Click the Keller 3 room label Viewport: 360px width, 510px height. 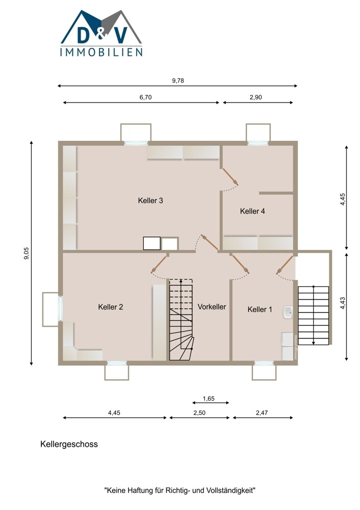(150, 200)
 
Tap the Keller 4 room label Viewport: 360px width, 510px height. (252, 211)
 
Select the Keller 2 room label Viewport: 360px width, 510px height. (111, 307)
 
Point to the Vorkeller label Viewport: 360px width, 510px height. (212, 307)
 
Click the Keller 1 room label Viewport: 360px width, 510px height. (260, 310)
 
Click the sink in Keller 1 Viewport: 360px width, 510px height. (288, 313)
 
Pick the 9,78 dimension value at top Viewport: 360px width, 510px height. (178, 81)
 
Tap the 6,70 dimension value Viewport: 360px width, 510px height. (146, 97)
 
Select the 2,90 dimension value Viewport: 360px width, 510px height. (256, 97)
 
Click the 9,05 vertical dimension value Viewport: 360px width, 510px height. (27, 253)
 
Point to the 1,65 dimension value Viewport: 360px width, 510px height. (209, 398)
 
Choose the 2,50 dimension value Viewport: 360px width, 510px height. (199, 413)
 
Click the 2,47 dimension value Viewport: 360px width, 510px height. (262, 413)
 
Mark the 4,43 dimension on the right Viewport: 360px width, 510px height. (343, 303)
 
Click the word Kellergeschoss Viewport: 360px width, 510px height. (69, 444)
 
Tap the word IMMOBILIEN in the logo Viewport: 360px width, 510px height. (101, 52)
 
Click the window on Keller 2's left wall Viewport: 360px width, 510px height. (61, 308)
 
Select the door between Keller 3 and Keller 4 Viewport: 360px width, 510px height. (230, 177)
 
